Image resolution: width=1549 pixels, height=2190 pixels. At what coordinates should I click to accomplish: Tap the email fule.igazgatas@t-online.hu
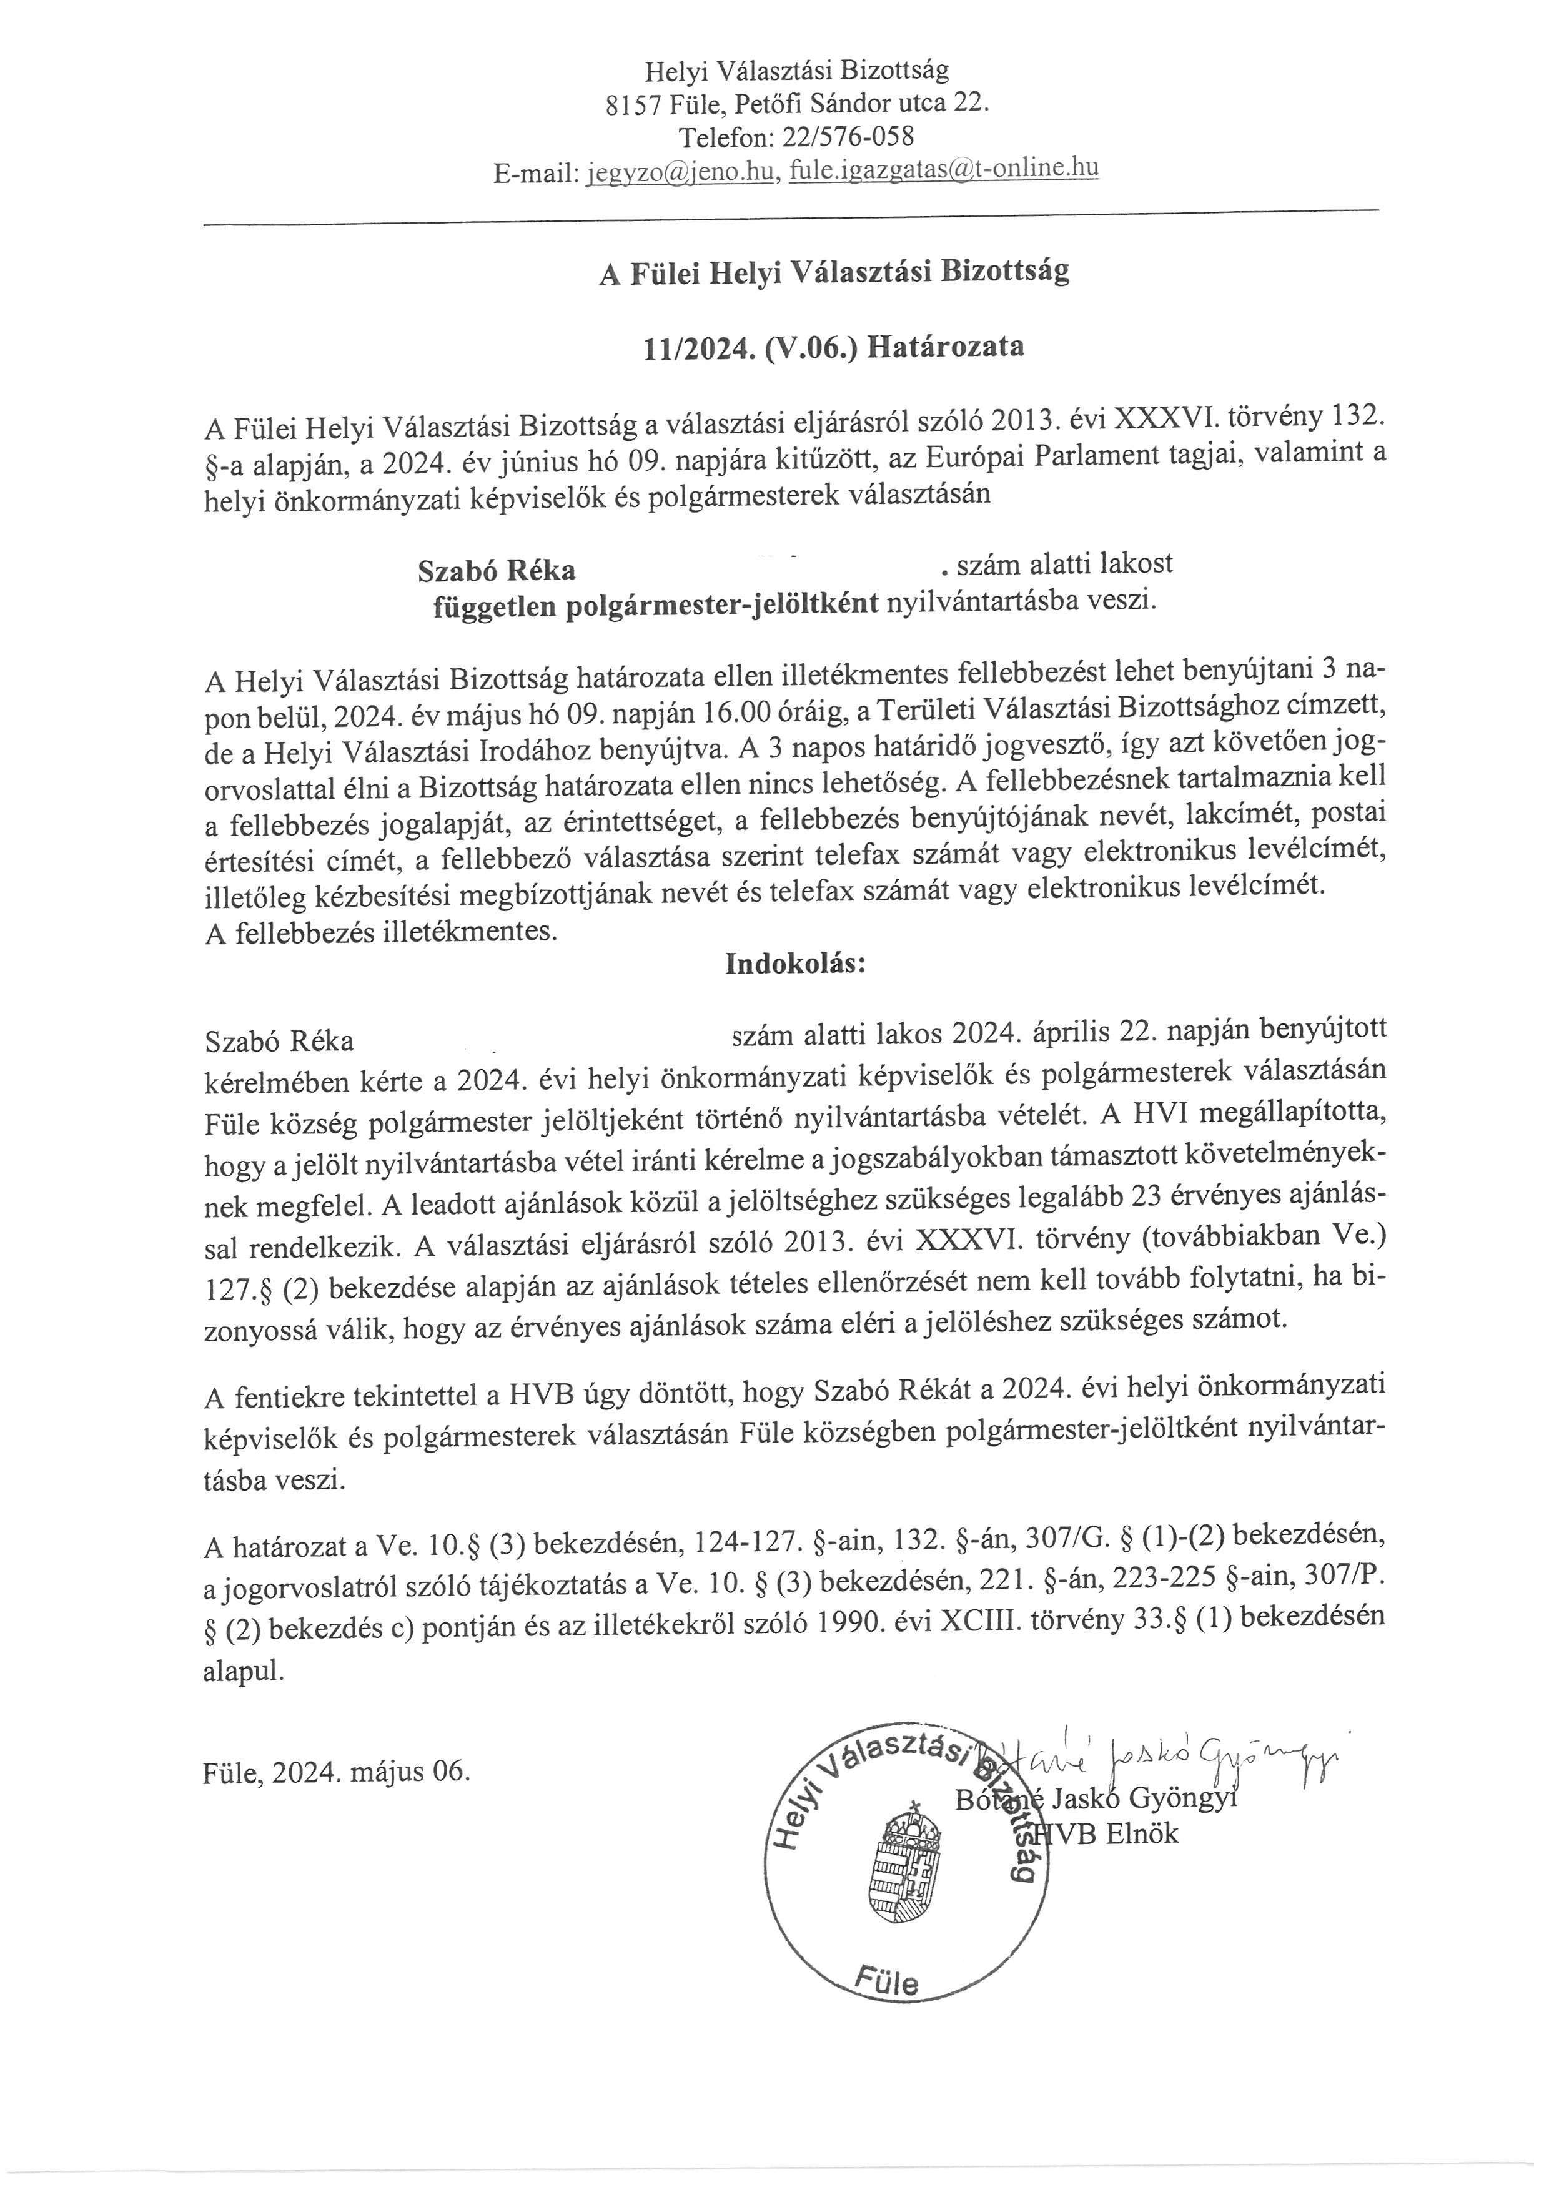coord(944,170)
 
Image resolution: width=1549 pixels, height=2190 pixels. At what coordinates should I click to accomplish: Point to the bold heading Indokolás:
coord(796,964)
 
